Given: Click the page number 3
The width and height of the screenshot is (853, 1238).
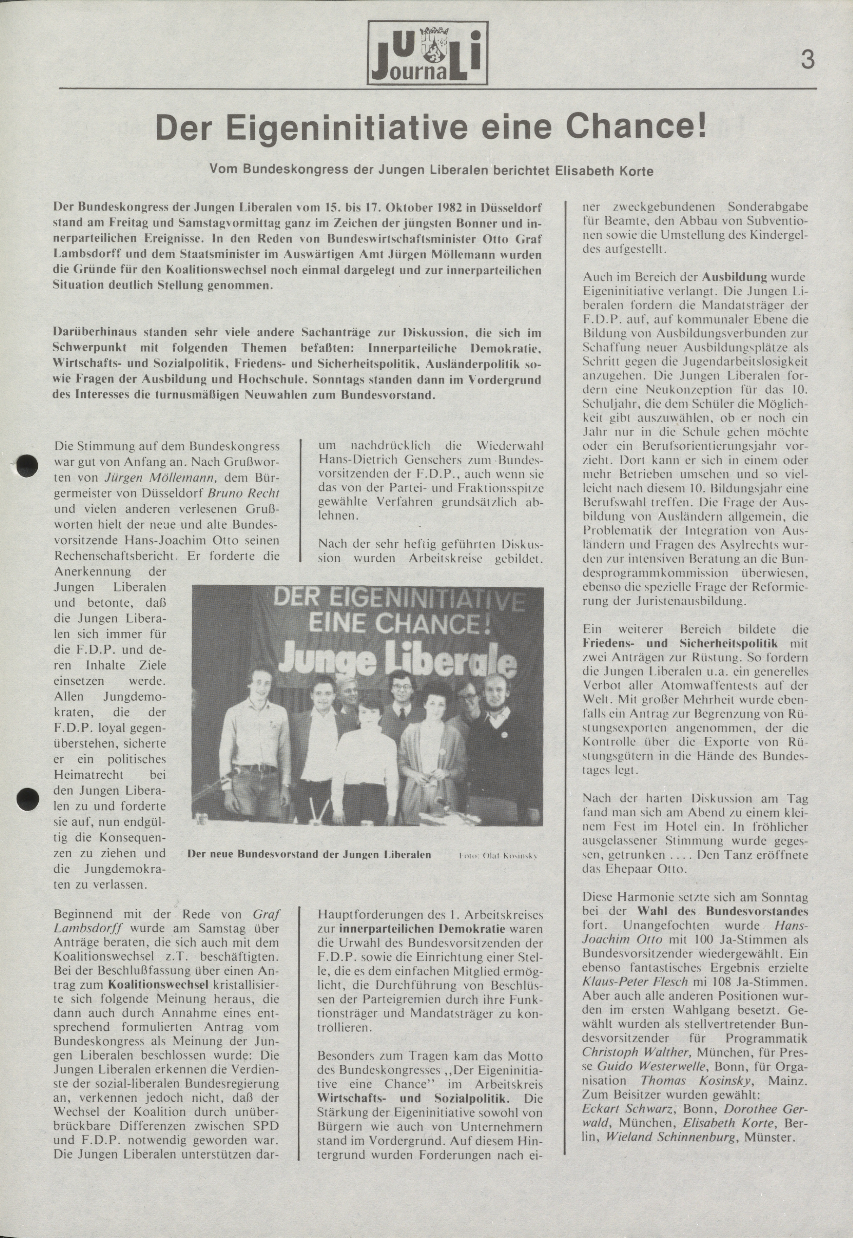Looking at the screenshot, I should tap(808, 59).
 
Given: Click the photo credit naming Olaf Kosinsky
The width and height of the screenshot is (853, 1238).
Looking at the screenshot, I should tap(498, 855).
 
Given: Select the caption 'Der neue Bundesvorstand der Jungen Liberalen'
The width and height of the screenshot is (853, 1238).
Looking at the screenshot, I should tap(309, 854).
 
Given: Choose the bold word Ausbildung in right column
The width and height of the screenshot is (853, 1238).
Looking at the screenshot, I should tap(734, 277).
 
